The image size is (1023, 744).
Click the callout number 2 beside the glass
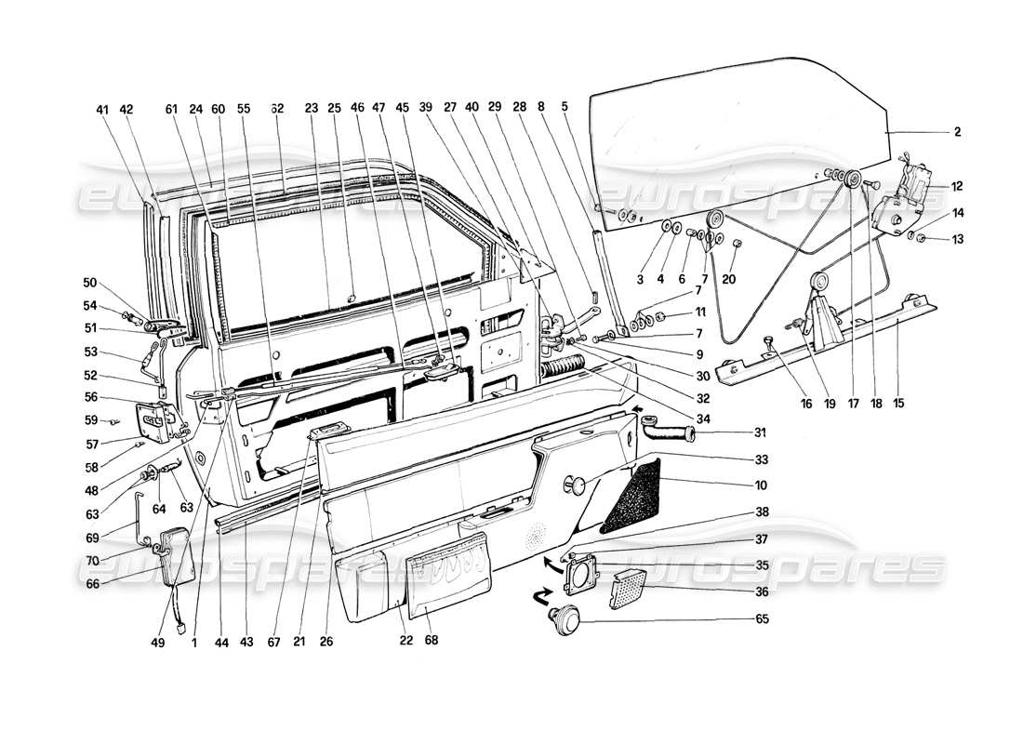[x=956, y=132]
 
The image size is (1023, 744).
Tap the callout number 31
[x=735, y=432]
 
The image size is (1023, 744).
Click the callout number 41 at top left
[x=102, y=109]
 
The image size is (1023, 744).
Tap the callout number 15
[x=897, y=404]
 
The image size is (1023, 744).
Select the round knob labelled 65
[x=564, y=618]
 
